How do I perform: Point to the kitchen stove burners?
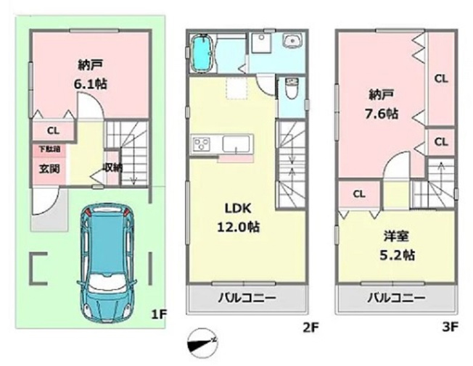click(200, 143)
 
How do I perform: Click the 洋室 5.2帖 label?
click(398, 246)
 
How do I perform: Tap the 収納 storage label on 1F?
click(112, 167)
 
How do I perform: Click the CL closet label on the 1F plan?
click(52, 131)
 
